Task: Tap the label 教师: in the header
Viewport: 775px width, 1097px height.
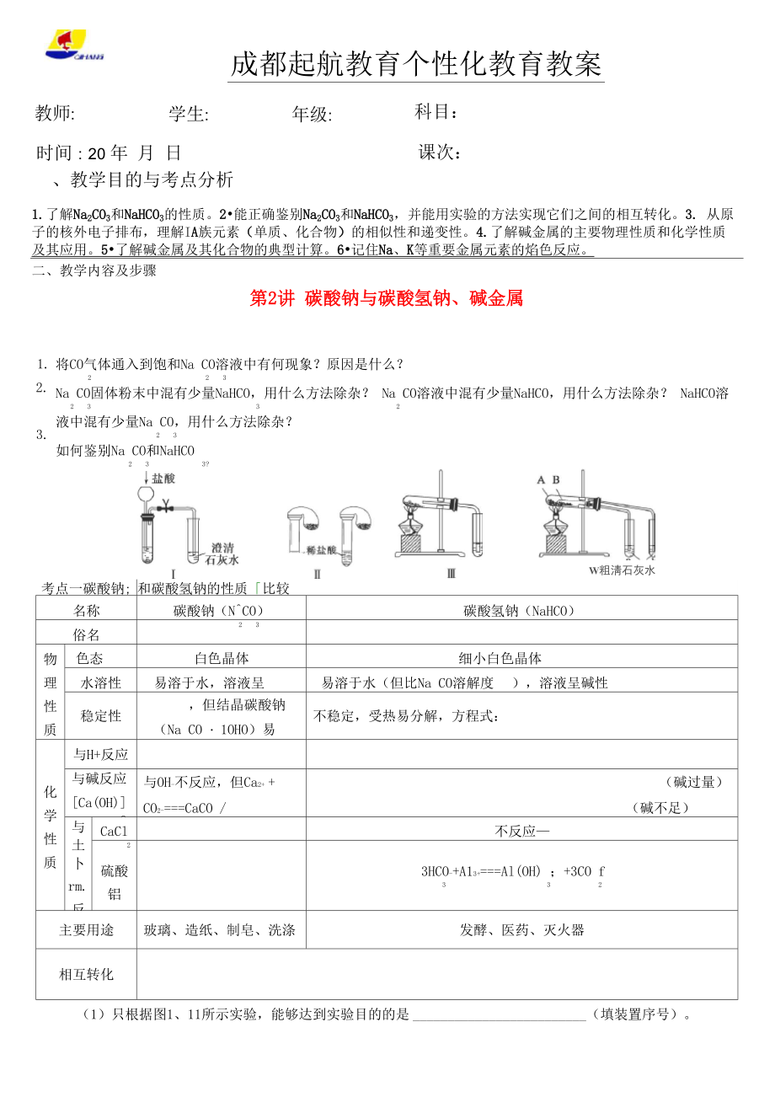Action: point(55,114)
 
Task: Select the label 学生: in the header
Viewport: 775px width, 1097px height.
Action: point(189,115)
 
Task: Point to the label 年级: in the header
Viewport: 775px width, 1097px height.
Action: point(312,115)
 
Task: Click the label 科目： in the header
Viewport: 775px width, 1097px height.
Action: point(437,112)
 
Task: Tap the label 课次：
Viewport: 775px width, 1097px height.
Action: point(440,153)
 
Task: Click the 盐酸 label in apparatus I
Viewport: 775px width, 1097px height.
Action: point(163,478)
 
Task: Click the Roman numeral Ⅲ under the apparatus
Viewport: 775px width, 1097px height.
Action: point(451,574)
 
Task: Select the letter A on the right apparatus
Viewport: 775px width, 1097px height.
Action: point(541,479)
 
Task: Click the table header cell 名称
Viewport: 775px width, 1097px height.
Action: point(86,610)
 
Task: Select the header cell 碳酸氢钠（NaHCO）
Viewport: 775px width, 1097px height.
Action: point(520,610)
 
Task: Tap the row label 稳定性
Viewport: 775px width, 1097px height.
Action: point(100,715)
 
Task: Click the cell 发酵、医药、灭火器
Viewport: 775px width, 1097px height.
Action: point(521,930)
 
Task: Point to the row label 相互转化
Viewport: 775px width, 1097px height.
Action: point(86,974)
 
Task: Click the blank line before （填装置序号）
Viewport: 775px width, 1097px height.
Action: point(499,1014)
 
